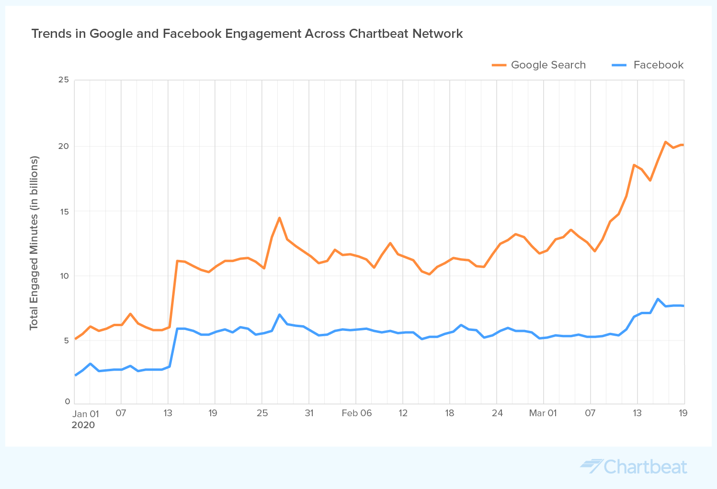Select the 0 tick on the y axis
pyautogui.click(x=68, y=402)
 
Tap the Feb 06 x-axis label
pyautogui.click(x=356, y=413)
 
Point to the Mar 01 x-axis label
pyautogui.click(x=543, y=413)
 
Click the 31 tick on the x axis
pyautogui.click(x=309, y=413)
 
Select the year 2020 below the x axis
pyautogui.click(x=83, y=425)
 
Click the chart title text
pyautogui.click(x=247, y=34)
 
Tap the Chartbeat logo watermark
pyautogui.click(x=634, y=466)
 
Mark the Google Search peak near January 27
pyautogui.click(x=279, y=218)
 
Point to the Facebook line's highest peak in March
pyautogui.click(x=658, y=299)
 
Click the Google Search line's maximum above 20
pyautogui.click(x=665, y=142)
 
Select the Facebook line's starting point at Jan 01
pyautogui.click(x=75, y=375)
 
